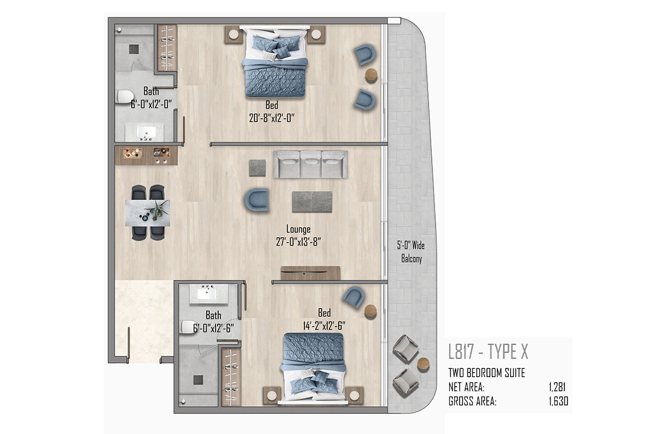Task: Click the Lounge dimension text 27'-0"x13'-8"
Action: (298, 242)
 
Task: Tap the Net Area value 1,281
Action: (557, 387)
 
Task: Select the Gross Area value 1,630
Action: (558, 401)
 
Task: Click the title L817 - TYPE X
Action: (488, 352)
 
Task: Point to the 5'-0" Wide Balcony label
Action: (411, 252)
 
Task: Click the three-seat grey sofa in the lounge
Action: (310, 164)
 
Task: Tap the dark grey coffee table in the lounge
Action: (312, 202)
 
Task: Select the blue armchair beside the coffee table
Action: (257, 200)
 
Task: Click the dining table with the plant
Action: (148, 213)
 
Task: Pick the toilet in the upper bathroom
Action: (125, 97)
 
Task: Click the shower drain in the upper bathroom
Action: (133, 49)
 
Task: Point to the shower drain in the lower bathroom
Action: (198, 380)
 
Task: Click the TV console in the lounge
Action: (310, 273)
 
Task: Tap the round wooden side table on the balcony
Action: (423, 364)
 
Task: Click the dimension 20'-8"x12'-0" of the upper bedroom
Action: (272, 118)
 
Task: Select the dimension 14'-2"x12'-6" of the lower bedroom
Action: (324, 326)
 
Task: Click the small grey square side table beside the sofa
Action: (257, 168)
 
